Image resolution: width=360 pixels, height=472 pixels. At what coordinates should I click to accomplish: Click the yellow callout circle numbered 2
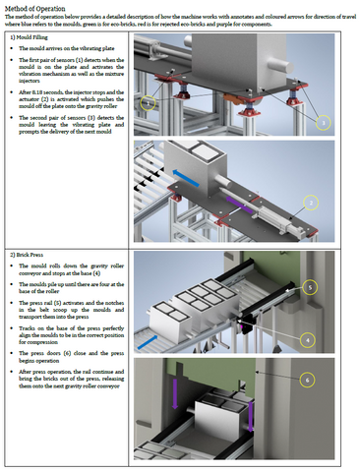pos(310,203)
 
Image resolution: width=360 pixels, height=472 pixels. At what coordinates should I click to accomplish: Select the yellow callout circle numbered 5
pos(310,286)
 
